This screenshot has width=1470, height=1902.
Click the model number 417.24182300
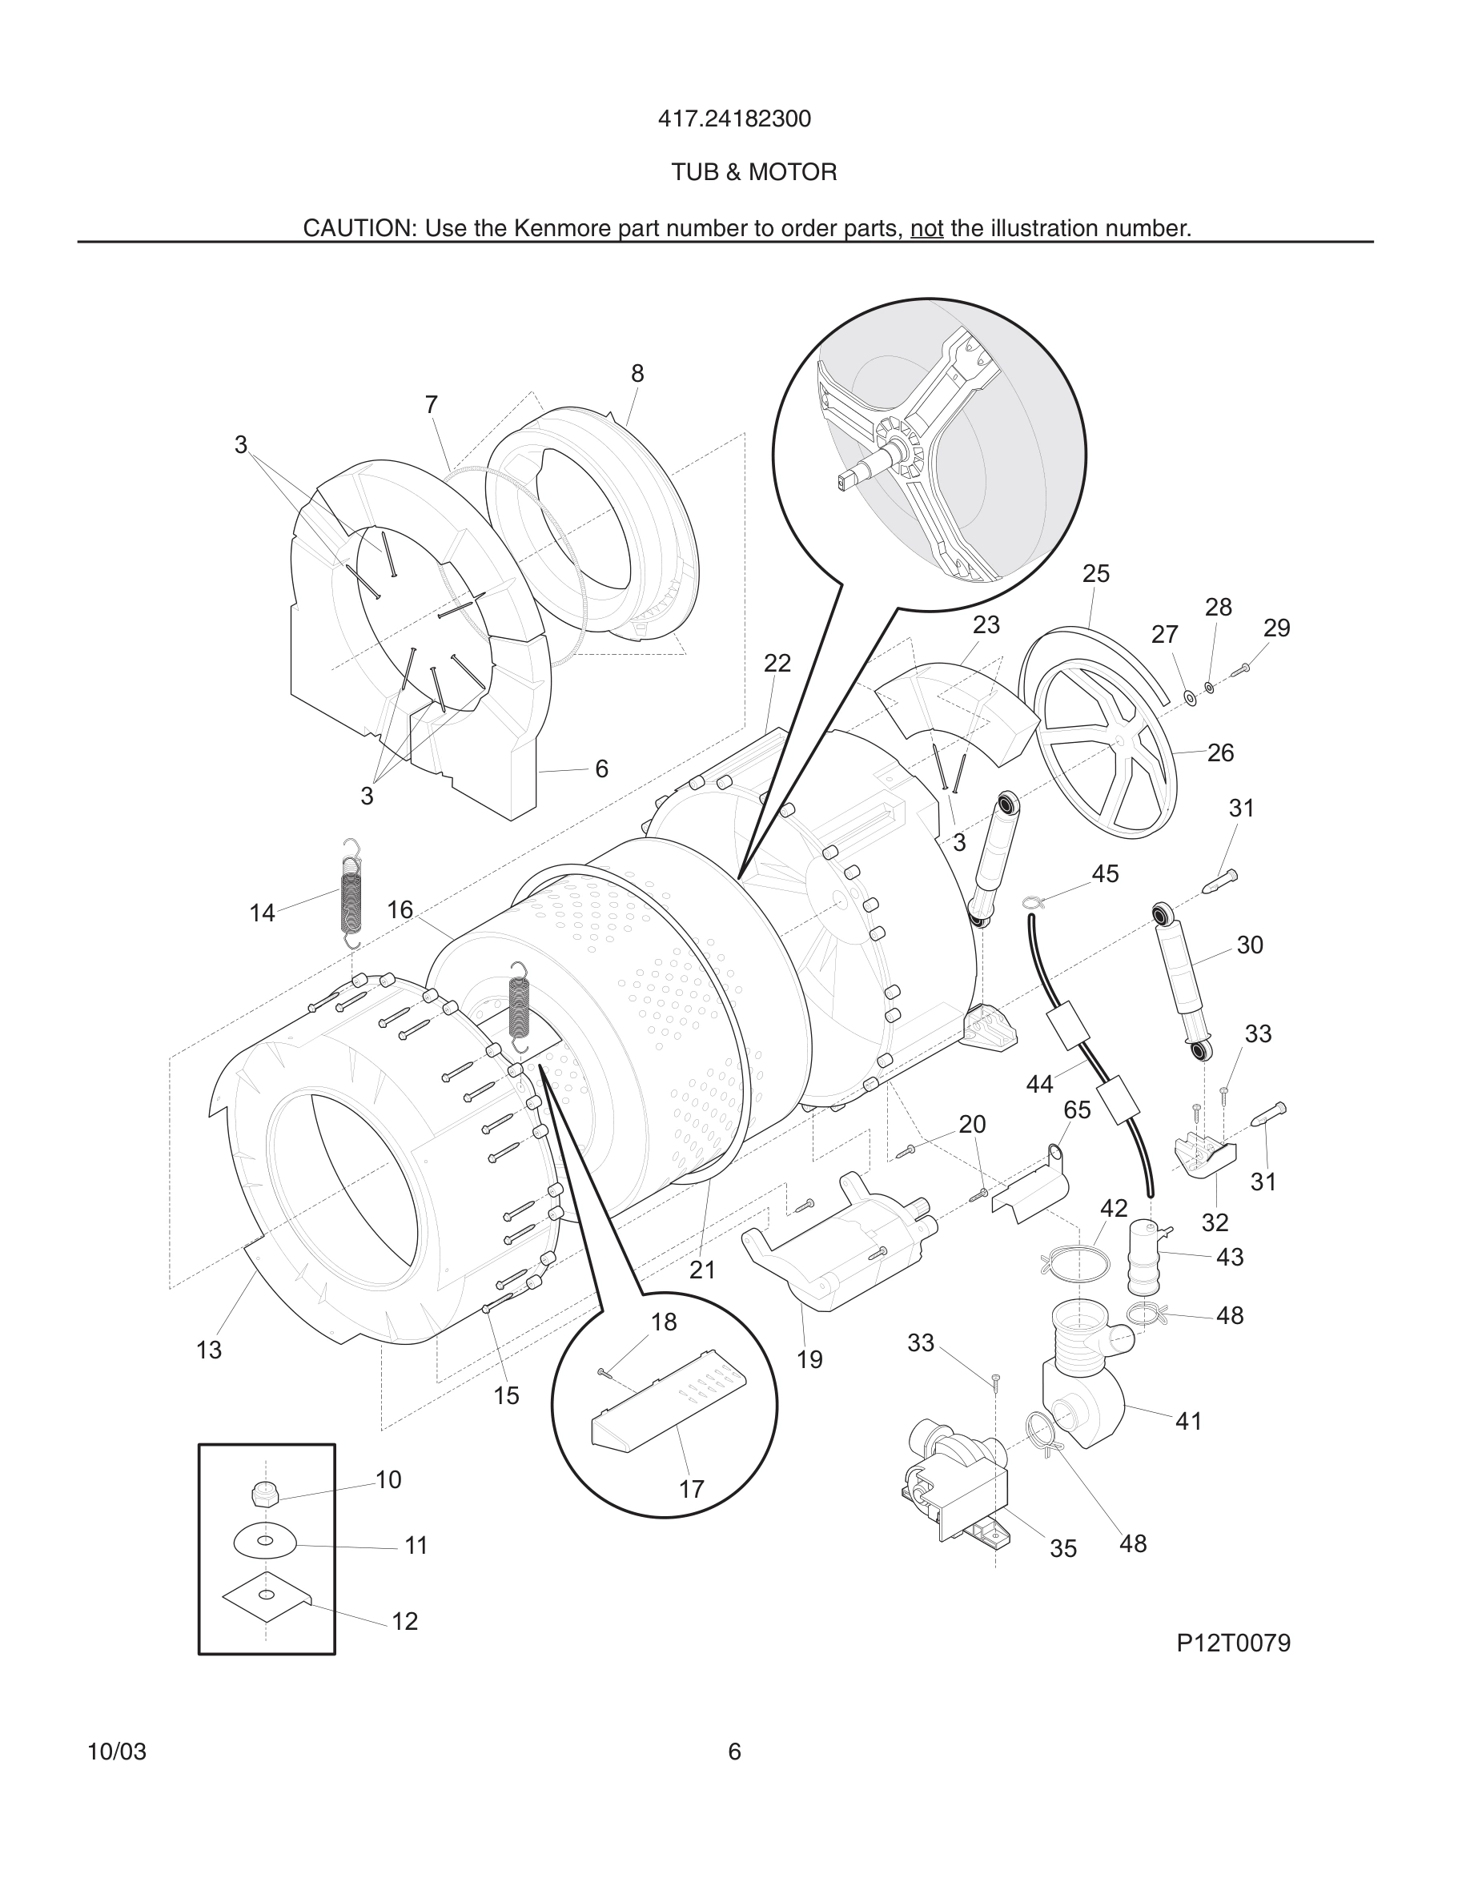(734, 118)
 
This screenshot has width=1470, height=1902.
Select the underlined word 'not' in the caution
(926, 228)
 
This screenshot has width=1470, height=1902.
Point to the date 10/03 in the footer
(117, 1752)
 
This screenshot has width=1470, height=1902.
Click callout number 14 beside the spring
(261, 913)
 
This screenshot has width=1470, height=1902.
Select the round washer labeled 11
(266, 1543)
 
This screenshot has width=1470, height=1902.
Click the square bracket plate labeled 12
(266, 1595)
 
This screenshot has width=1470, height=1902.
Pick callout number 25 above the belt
(1095, 573)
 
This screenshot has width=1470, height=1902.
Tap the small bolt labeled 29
(1242, 669)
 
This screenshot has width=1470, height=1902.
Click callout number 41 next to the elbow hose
(1188, 1421)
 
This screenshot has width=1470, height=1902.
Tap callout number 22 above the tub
(777, 664)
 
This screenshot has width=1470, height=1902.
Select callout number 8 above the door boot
(637, 374)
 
